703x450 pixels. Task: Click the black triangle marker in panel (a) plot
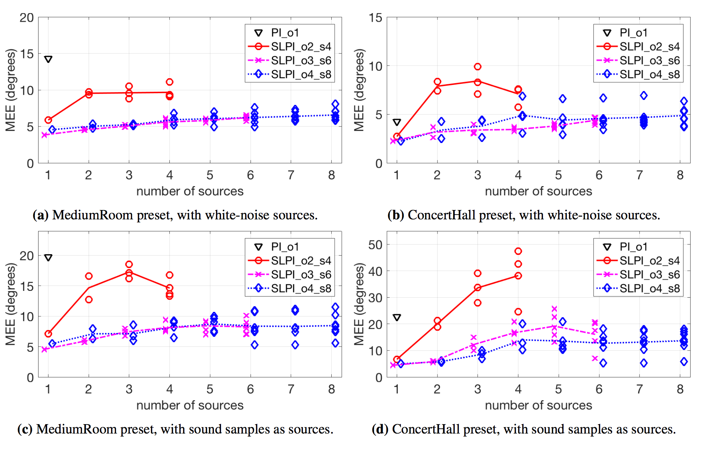48,59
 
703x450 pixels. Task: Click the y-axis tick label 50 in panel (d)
375,245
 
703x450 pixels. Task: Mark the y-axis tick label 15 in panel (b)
375,18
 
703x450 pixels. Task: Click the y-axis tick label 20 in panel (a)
27,18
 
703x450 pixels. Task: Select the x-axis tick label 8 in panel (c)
331,389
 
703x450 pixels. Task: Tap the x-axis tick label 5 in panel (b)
558,175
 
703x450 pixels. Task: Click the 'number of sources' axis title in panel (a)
190,191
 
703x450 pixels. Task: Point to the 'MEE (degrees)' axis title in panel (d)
359,304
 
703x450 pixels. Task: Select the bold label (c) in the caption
25,429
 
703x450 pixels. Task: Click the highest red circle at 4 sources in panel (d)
518,251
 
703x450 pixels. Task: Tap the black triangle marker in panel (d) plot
397,317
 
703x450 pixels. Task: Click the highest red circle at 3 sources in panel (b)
478,67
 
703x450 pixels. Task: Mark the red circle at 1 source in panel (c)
48,334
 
